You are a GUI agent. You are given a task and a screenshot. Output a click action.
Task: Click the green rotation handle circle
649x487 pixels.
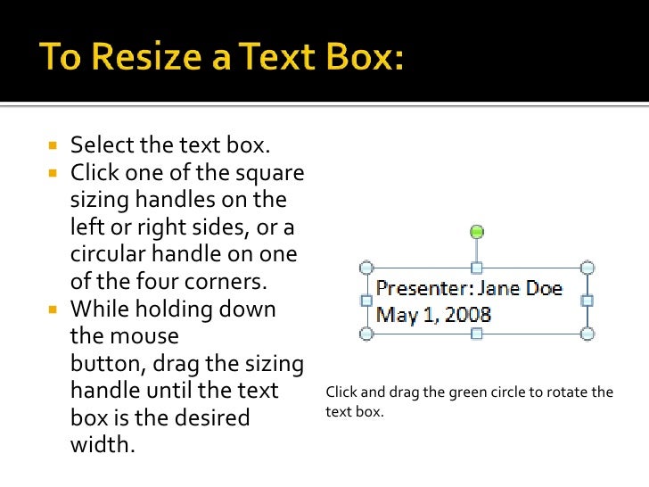click(x=477, y=232)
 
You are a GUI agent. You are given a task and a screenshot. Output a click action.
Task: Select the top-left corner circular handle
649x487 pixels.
click(x=365, y=268)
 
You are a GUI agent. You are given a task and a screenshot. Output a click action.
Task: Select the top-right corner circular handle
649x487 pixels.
click(x=587, y=268)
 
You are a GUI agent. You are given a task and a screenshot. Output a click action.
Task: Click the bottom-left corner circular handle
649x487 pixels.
click(x=365, y=334)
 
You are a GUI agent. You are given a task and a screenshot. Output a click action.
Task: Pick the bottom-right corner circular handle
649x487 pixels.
click(x=587, y=334)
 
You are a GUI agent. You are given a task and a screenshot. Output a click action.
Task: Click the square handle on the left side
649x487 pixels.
click(x=366, y=301)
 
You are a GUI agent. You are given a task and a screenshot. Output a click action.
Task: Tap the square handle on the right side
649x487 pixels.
click(x=587, y=301)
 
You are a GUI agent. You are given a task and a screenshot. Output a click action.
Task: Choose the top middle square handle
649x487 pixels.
click(x=477, y=268)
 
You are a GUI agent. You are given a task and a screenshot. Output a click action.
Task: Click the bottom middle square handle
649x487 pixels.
click(x=477, y=334)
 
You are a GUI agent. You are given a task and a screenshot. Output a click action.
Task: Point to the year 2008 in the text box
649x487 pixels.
click(x=469, y=314)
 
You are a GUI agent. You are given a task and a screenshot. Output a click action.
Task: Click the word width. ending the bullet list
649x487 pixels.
click(x=103, y=444)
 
